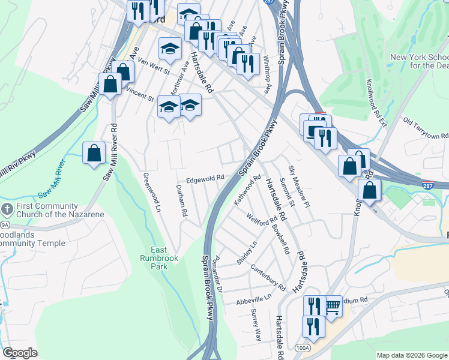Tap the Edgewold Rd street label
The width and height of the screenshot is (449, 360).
[205, 178]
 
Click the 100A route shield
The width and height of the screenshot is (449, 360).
[304, 347]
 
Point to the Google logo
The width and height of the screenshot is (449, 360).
[20, 353]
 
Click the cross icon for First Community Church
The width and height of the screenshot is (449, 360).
[7, 210]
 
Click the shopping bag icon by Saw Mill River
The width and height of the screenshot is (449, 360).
[94, 154]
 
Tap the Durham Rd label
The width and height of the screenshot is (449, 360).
[182, 204]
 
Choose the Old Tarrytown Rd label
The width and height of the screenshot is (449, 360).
[426, 129]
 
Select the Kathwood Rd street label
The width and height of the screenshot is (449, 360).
[247, 189]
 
